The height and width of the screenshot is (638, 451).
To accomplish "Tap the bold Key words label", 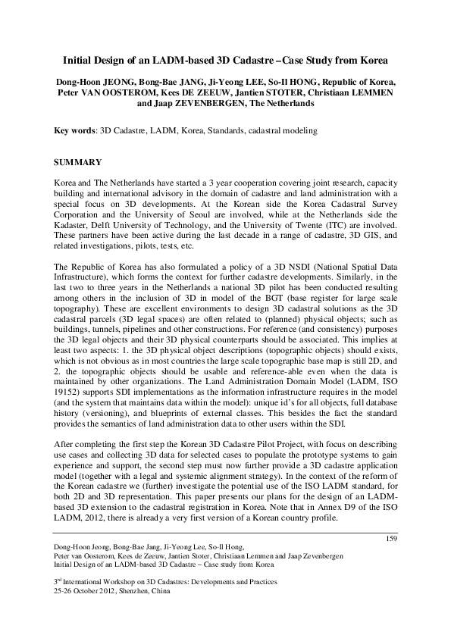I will tap(76, 131).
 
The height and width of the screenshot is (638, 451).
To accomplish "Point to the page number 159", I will tap(392, 539).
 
